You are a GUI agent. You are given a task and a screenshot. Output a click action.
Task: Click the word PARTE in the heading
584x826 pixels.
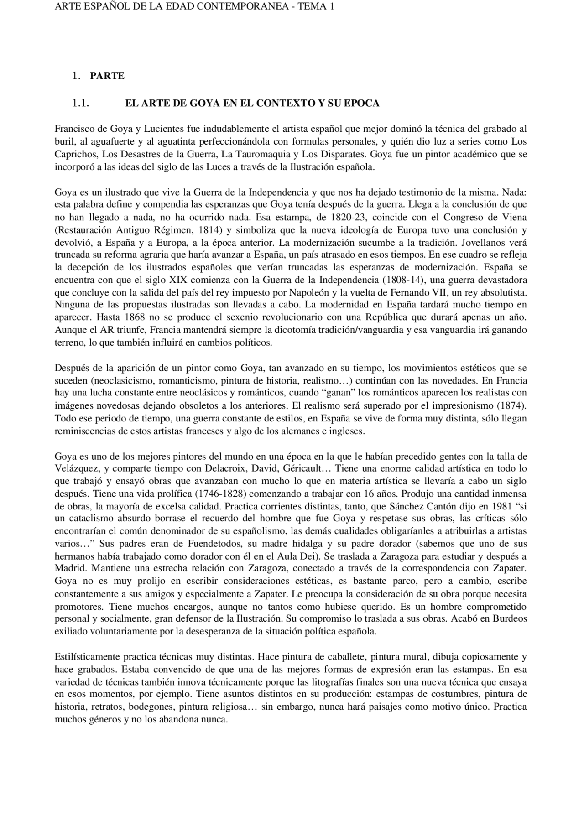click(107, 76)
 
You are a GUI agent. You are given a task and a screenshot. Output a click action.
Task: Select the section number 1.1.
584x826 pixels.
click(80, 104)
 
